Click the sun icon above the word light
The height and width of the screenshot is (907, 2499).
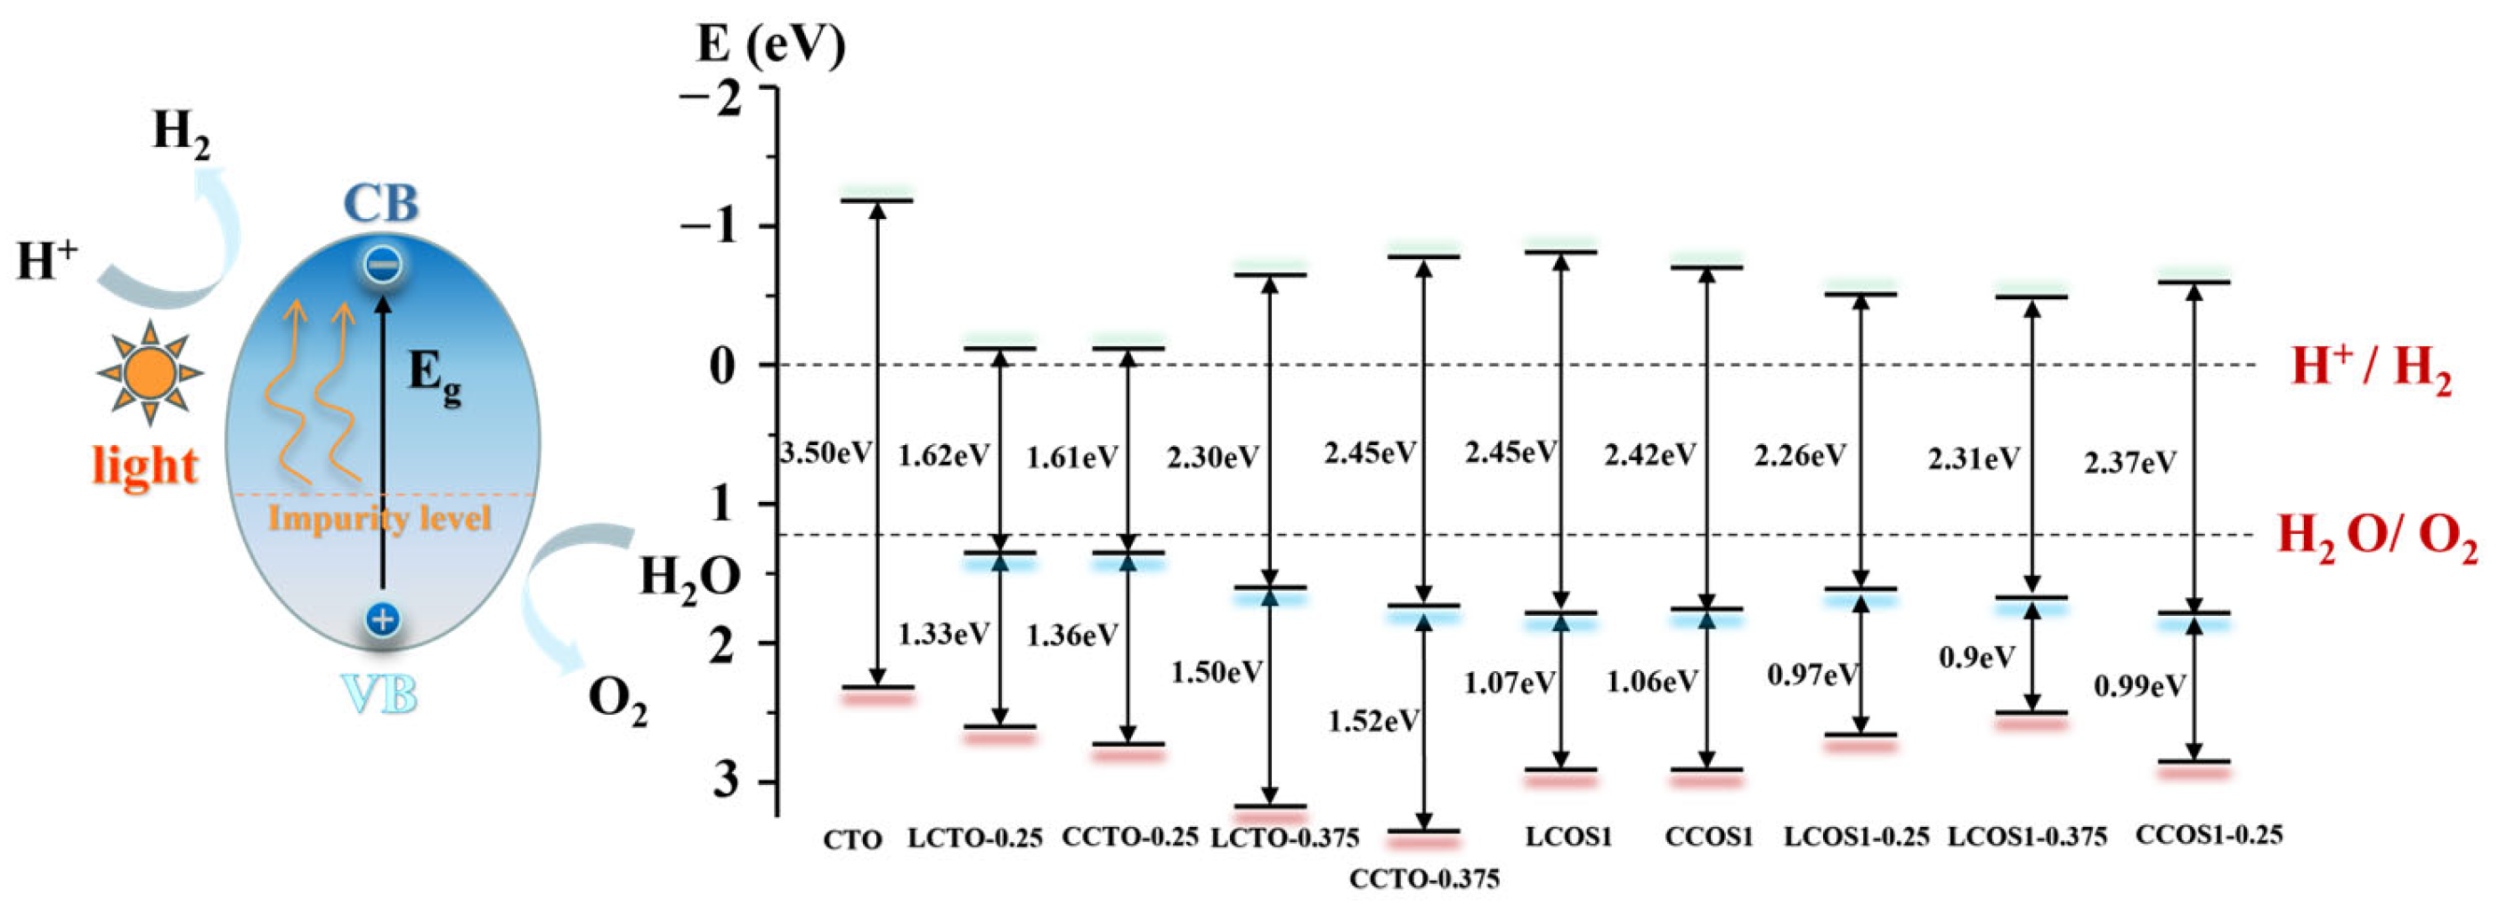coord(150,372)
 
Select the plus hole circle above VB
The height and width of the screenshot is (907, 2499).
coord(382,618)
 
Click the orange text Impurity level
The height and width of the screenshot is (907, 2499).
coord(379,518)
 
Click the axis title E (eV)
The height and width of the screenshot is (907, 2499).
coord(770,45)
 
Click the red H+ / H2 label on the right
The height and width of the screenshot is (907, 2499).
coord(2371,369)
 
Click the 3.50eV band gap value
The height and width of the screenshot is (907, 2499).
coord(826,453)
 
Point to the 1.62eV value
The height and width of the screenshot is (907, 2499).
coord(944,455)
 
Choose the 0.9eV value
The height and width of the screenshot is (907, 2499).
coord(1976,658)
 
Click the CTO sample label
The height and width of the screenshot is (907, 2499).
coord(852,839)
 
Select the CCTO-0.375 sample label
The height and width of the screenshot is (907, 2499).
coord(1424,879)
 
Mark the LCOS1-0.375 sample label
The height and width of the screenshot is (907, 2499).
coord(2028,836)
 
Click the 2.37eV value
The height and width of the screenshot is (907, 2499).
coord(2129,463)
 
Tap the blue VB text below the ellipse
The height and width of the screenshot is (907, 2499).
coord(380,694)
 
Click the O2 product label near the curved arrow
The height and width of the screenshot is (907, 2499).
coord(617,699)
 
